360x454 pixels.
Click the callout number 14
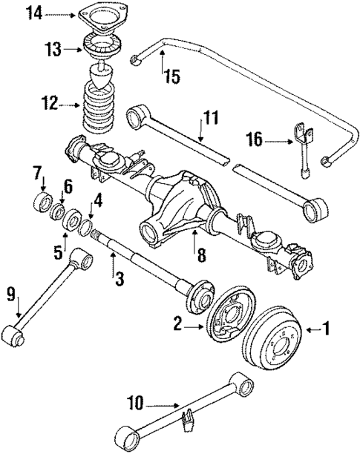[34, 13]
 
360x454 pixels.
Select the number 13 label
[53, 50]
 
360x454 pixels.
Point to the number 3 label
[117, 280]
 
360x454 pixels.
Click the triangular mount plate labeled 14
[96, 14]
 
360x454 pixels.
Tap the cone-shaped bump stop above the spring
[100, 78]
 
